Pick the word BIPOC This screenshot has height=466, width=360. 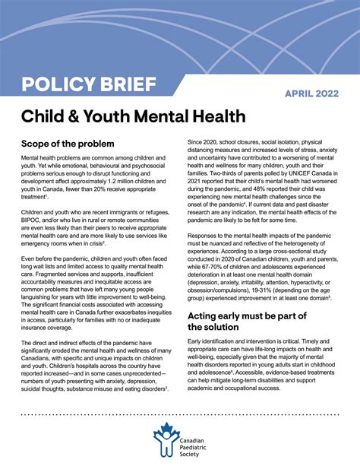click(33, 225)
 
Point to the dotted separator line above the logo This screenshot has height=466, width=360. click(180, 415)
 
